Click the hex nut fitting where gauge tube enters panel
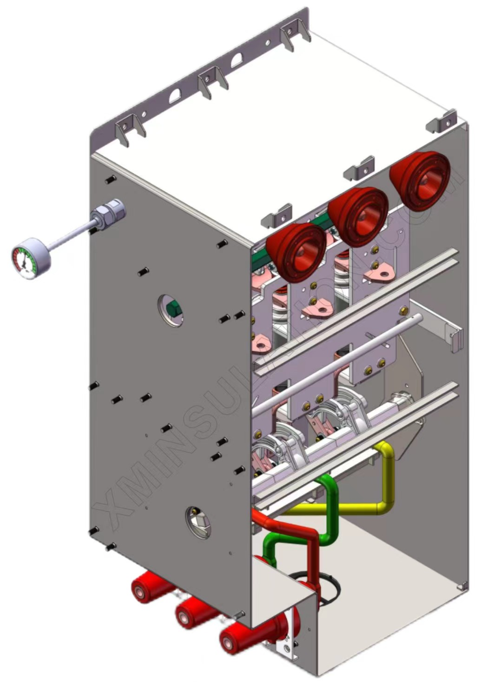pos(111,212)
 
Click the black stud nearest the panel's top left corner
pos(110,180)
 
